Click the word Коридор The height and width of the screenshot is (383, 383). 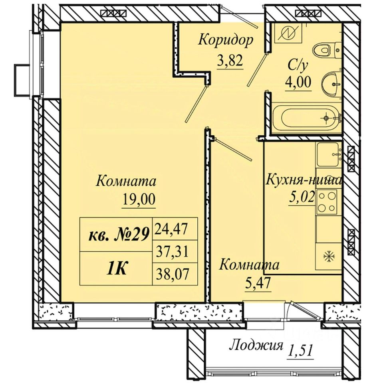226,40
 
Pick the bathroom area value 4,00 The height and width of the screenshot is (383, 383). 298,82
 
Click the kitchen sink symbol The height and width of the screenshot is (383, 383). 328,154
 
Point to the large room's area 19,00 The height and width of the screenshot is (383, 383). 139,199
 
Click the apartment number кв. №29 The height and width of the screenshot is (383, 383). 118,235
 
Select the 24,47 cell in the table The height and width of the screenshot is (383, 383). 171,229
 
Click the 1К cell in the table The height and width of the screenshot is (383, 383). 116,268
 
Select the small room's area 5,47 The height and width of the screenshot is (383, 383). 258,283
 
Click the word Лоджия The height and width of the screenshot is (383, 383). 256,346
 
